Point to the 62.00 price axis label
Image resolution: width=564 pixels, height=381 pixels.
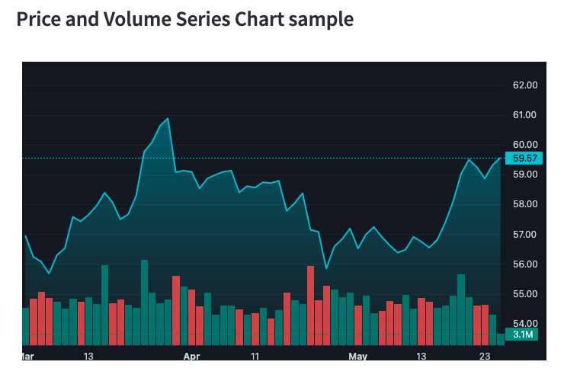click(x=525, y=85)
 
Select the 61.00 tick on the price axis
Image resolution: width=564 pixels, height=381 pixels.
click(x=525, y=115)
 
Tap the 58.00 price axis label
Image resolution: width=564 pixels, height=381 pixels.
click(x=525, y=204)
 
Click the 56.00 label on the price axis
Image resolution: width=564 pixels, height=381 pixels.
click(x=525, y=264)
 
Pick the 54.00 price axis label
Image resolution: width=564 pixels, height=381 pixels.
click(x=525, y=324)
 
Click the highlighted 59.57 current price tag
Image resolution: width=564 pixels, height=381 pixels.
click(x=525, y=158)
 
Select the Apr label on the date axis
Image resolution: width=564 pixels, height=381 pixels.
click(x=191, y=356)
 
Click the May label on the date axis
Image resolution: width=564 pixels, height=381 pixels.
click(x=357, y=356)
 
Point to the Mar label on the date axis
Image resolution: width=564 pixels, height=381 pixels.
click(x=27, y=356)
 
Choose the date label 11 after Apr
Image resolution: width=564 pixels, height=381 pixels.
click(x=255, y=356)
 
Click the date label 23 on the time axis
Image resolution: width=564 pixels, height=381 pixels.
click(x=484, y=356)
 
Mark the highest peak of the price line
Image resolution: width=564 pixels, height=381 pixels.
click(x=168, y=119)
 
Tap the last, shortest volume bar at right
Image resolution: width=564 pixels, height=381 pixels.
click(x=500, y=339)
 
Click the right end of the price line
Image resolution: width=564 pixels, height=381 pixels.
click(x=501, y=158)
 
